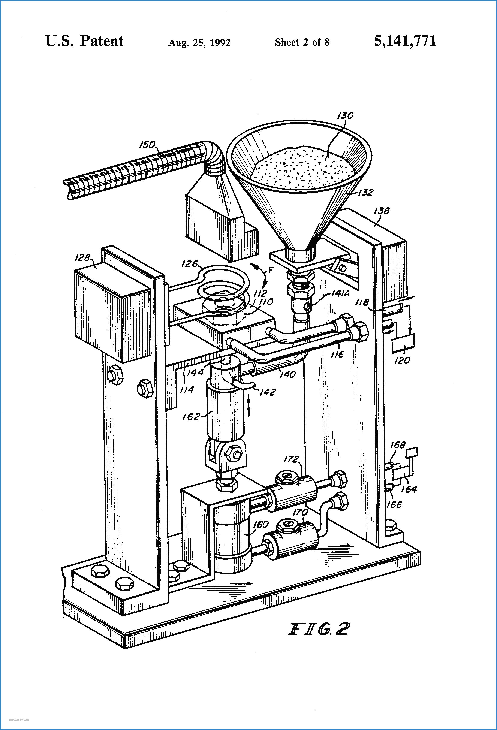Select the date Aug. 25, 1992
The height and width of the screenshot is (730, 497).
tap(199, 42)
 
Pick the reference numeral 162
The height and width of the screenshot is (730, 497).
tap(191, 417)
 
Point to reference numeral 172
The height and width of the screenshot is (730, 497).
tap(291, 459)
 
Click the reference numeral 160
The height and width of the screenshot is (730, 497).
tap(261, 524)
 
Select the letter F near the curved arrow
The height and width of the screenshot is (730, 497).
tap(271, 270)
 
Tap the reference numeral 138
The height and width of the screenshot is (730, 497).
tap(381, 211)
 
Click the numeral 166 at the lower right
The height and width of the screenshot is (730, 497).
tap(394, 504)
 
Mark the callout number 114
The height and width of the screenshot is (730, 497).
tap(187, 389)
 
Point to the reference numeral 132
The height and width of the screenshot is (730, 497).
tap(365, 192)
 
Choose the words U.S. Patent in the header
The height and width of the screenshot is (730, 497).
tap(84, 41)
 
